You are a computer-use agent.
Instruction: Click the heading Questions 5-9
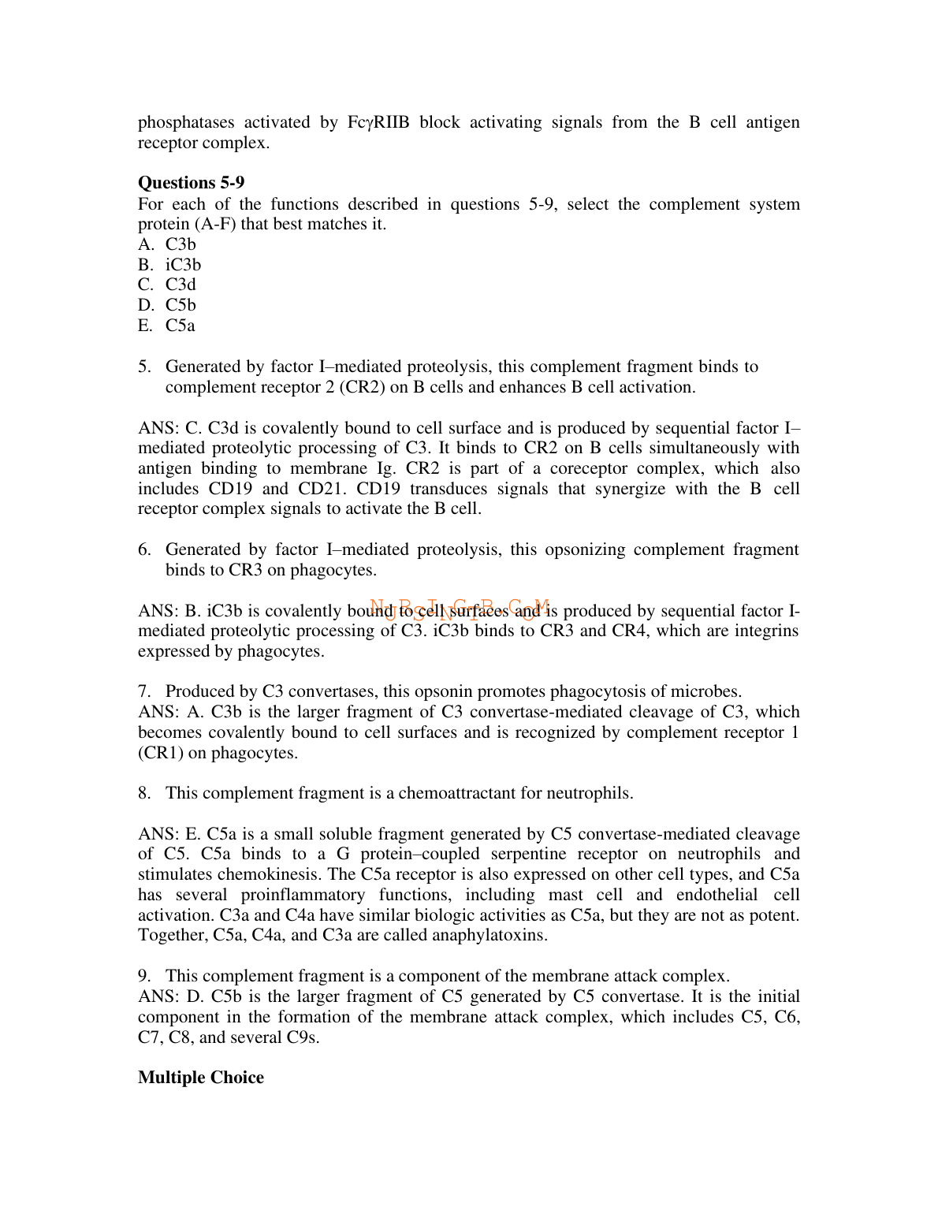tap(191, 183)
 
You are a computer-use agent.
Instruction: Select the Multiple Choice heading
tap(200, 1078)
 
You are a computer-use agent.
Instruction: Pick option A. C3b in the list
tap(167, 244)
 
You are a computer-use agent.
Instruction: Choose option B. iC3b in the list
tap(169, 265)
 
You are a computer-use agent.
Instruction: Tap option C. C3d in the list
tap(167, 285)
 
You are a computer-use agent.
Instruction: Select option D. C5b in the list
tap(167, 305)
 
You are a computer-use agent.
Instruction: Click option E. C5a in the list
tap(166, 326)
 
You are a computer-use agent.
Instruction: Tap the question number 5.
tap(143, 367)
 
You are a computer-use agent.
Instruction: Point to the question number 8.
tap(143, 793)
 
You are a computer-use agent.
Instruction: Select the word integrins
tap(764, 631)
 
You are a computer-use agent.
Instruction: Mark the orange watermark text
tap(460, 608)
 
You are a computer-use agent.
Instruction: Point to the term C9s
tap(300, 1037)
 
